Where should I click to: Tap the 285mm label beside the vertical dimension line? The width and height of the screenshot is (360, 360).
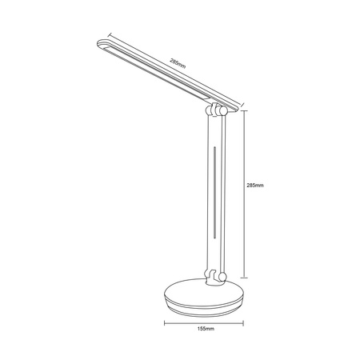[x=256, y=184]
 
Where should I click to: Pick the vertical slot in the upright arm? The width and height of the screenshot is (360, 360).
[x=214, y=192]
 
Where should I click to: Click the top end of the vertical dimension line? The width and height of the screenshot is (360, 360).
[x=243, y=110]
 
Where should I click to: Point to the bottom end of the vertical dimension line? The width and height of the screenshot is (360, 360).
[x=243, y=277]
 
